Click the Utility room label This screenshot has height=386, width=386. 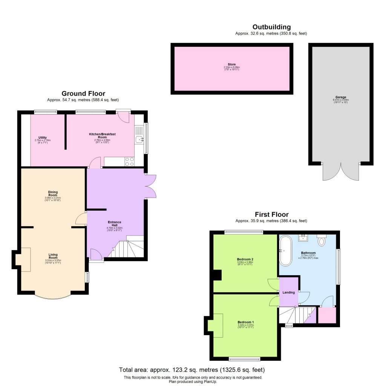pos(42,138)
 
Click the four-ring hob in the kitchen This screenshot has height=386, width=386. pos(129,161)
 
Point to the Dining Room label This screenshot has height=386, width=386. pos(53,193)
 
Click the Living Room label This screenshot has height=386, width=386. pos(53,256)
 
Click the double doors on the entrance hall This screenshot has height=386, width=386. pos(150,186)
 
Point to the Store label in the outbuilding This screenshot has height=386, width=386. pos(231,64)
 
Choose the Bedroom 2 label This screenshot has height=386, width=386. pos(245,259)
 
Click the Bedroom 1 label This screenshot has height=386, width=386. pos(245,322)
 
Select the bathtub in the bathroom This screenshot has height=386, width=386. pos(285,250)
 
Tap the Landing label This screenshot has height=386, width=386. pos(288,292)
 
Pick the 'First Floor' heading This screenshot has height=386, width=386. pos(271,214)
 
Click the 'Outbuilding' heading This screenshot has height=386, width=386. pos(271,27)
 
